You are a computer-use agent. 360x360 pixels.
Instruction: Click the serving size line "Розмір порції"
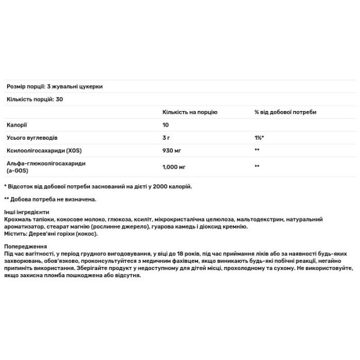point(54,86)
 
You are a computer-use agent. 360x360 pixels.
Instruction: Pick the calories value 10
point(166,125)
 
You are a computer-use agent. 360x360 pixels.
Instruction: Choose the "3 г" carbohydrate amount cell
point(167,137)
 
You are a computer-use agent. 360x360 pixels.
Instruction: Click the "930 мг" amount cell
point(172,150)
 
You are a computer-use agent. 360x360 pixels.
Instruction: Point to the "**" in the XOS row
point(257,150)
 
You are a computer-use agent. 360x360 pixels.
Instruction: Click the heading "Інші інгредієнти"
point(26,213)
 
